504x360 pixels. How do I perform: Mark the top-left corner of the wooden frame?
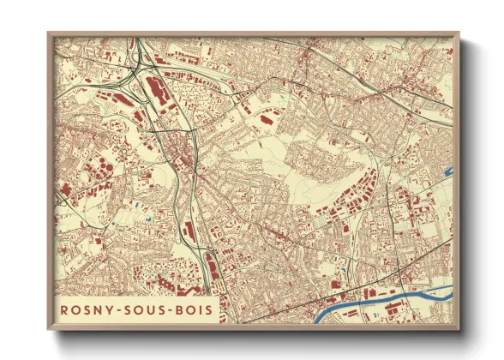pyautogui.click(x=49, y=33)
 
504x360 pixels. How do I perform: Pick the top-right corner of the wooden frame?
pyautogui.click(x=460, y=33)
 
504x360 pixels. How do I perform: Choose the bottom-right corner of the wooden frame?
pyautogui.click(x=460, y=330)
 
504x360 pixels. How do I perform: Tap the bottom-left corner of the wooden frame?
pyautogui.click(x=49, y=330)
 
